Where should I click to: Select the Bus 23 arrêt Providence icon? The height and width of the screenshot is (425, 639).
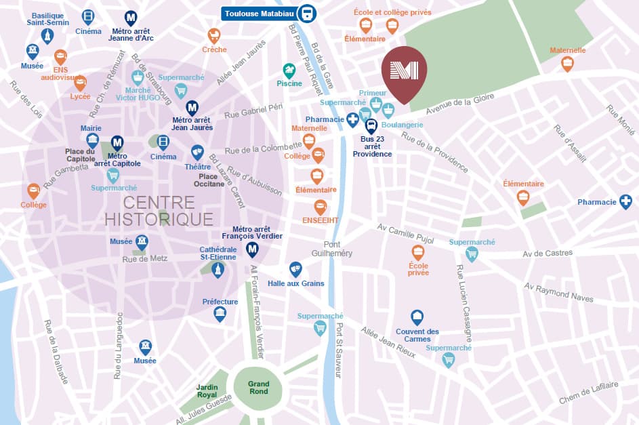point(371,126)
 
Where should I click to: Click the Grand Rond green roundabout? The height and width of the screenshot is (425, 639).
point(258,387)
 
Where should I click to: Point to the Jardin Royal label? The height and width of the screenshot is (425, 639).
point(207,390)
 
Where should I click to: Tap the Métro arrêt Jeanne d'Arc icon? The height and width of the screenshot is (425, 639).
point(131,18)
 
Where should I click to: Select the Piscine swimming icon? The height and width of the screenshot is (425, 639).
point(289,70)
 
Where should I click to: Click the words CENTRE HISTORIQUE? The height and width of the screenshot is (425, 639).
point(159,211)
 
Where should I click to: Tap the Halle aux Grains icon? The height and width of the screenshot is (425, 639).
point(295,269)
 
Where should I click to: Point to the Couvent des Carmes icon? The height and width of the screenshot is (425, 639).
point(417,317)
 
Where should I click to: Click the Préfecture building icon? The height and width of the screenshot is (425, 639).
point(220,314)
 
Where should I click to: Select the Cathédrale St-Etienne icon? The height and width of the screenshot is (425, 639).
point(218,270)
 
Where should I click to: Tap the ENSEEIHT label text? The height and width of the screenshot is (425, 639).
point(320,221)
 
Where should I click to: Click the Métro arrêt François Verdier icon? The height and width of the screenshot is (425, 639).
point(252,250)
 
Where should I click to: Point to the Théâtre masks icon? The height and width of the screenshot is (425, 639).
point(197,152)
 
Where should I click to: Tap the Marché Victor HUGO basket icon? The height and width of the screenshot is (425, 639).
point(138,77)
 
